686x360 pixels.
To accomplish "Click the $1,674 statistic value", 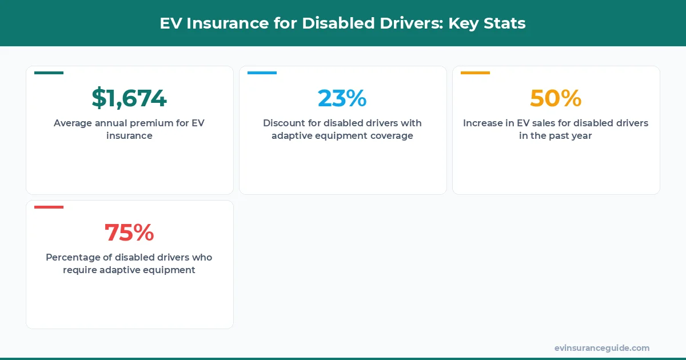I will click(x=129, y=98).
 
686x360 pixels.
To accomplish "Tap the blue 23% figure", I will click(x=342, y=98).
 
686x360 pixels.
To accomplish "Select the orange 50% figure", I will click(x=556, y=98).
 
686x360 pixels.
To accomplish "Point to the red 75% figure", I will click(x=129, y=233).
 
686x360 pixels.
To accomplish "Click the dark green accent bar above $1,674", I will click(x=49, y=73).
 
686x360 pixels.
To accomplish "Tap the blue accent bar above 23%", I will click(x=262, y=73).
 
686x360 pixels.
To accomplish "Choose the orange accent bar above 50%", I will click(x=475, y=73).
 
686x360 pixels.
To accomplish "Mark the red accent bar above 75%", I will click(x=49, y=207).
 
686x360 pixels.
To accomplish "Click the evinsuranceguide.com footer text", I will click(x=601, y=348).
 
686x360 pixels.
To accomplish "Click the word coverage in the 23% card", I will click(x=391, y=136).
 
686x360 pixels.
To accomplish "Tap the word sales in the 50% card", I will click(x=541, y=123).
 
